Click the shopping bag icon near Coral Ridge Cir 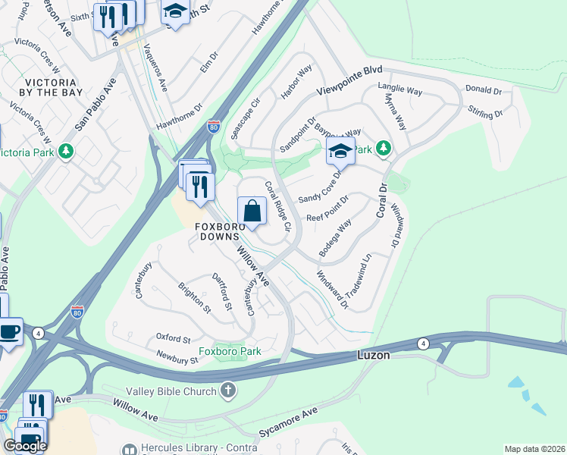[252, 211]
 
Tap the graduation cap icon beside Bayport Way [340, 151]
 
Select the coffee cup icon [9, 331]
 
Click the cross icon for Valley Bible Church [228, 391]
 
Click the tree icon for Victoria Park [67, 151]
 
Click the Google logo [25, 446]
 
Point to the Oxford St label [173, 338]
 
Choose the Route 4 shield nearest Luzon [423, 344]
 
